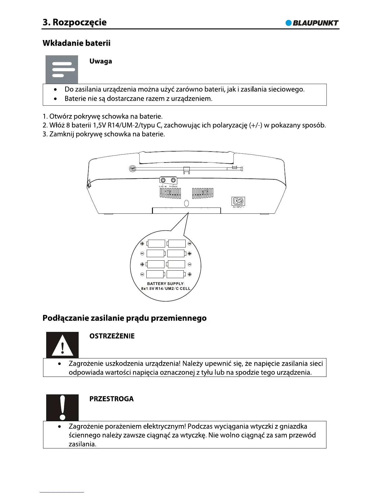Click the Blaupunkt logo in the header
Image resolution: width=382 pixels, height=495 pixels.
(312, 23)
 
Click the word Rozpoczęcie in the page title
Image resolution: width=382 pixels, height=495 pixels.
(80, 22)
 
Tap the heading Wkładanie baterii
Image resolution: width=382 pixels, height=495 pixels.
(76, 43)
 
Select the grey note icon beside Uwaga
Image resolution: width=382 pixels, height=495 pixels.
(62, 69)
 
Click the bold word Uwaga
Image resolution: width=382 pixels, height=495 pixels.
(100, 61)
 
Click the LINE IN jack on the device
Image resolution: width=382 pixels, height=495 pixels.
(163, 180)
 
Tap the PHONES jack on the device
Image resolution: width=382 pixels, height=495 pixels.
(173, 180)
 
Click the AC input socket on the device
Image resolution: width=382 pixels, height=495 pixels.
(238, 201)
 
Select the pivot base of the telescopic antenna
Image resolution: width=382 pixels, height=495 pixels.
(133, 169)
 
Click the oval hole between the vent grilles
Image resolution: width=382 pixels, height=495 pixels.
(187, 203)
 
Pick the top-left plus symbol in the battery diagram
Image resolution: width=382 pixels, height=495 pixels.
(142, 244)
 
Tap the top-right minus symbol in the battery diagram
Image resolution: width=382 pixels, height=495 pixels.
(189, 244)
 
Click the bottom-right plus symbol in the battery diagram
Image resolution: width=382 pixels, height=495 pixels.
(189, 274)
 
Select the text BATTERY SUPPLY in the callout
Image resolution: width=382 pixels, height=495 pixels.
(165, 284)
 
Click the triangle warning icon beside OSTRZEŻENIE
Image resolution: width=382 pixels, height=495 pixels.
(62, 345)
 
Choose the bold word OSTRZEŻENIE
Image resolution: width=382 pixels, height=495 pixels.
(112, 336)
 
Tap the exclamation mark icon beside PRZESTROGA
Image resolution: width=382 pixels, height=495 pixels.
(62, 407)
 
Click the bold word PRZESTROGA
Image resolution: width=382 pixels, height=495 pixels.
(111, 399)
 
